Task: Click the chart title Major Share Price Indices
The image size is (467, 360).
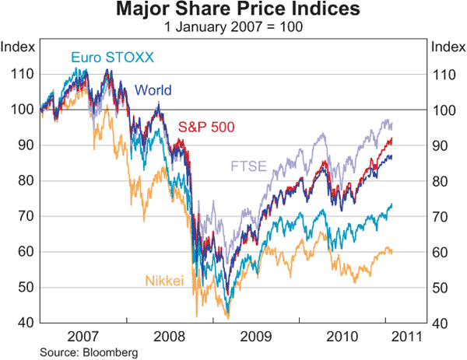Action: tap(233, 10)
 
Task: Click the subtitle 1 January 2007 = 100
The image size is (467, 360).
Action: tap(233, 26)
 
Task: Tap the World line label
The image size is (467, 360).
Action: tap(153, 89)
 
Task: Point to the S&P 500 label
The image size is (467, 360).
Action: tap(207, 127)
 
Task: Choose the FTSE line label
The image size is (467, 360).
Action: tap(246, 166)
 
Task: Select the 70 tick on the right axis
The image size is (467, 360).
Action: tap(441, 216)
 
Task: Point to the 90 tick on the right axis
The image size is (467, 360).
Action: tap(441, 145)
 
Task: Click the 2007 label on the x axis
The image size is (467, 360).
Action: tap(83, 337)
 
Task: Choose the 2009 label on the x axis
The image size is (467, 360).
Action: tap(255, 337)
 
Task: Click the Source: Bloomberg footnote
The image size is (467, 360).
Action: tap(76, 352)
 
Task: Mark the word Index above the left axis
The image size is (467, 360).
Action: tap(19, 46)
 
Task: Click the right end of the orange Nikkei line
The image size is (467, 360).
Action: tap(392, 251)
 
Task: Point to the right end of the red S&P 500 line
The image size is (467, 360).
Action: tap(392, 139)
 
